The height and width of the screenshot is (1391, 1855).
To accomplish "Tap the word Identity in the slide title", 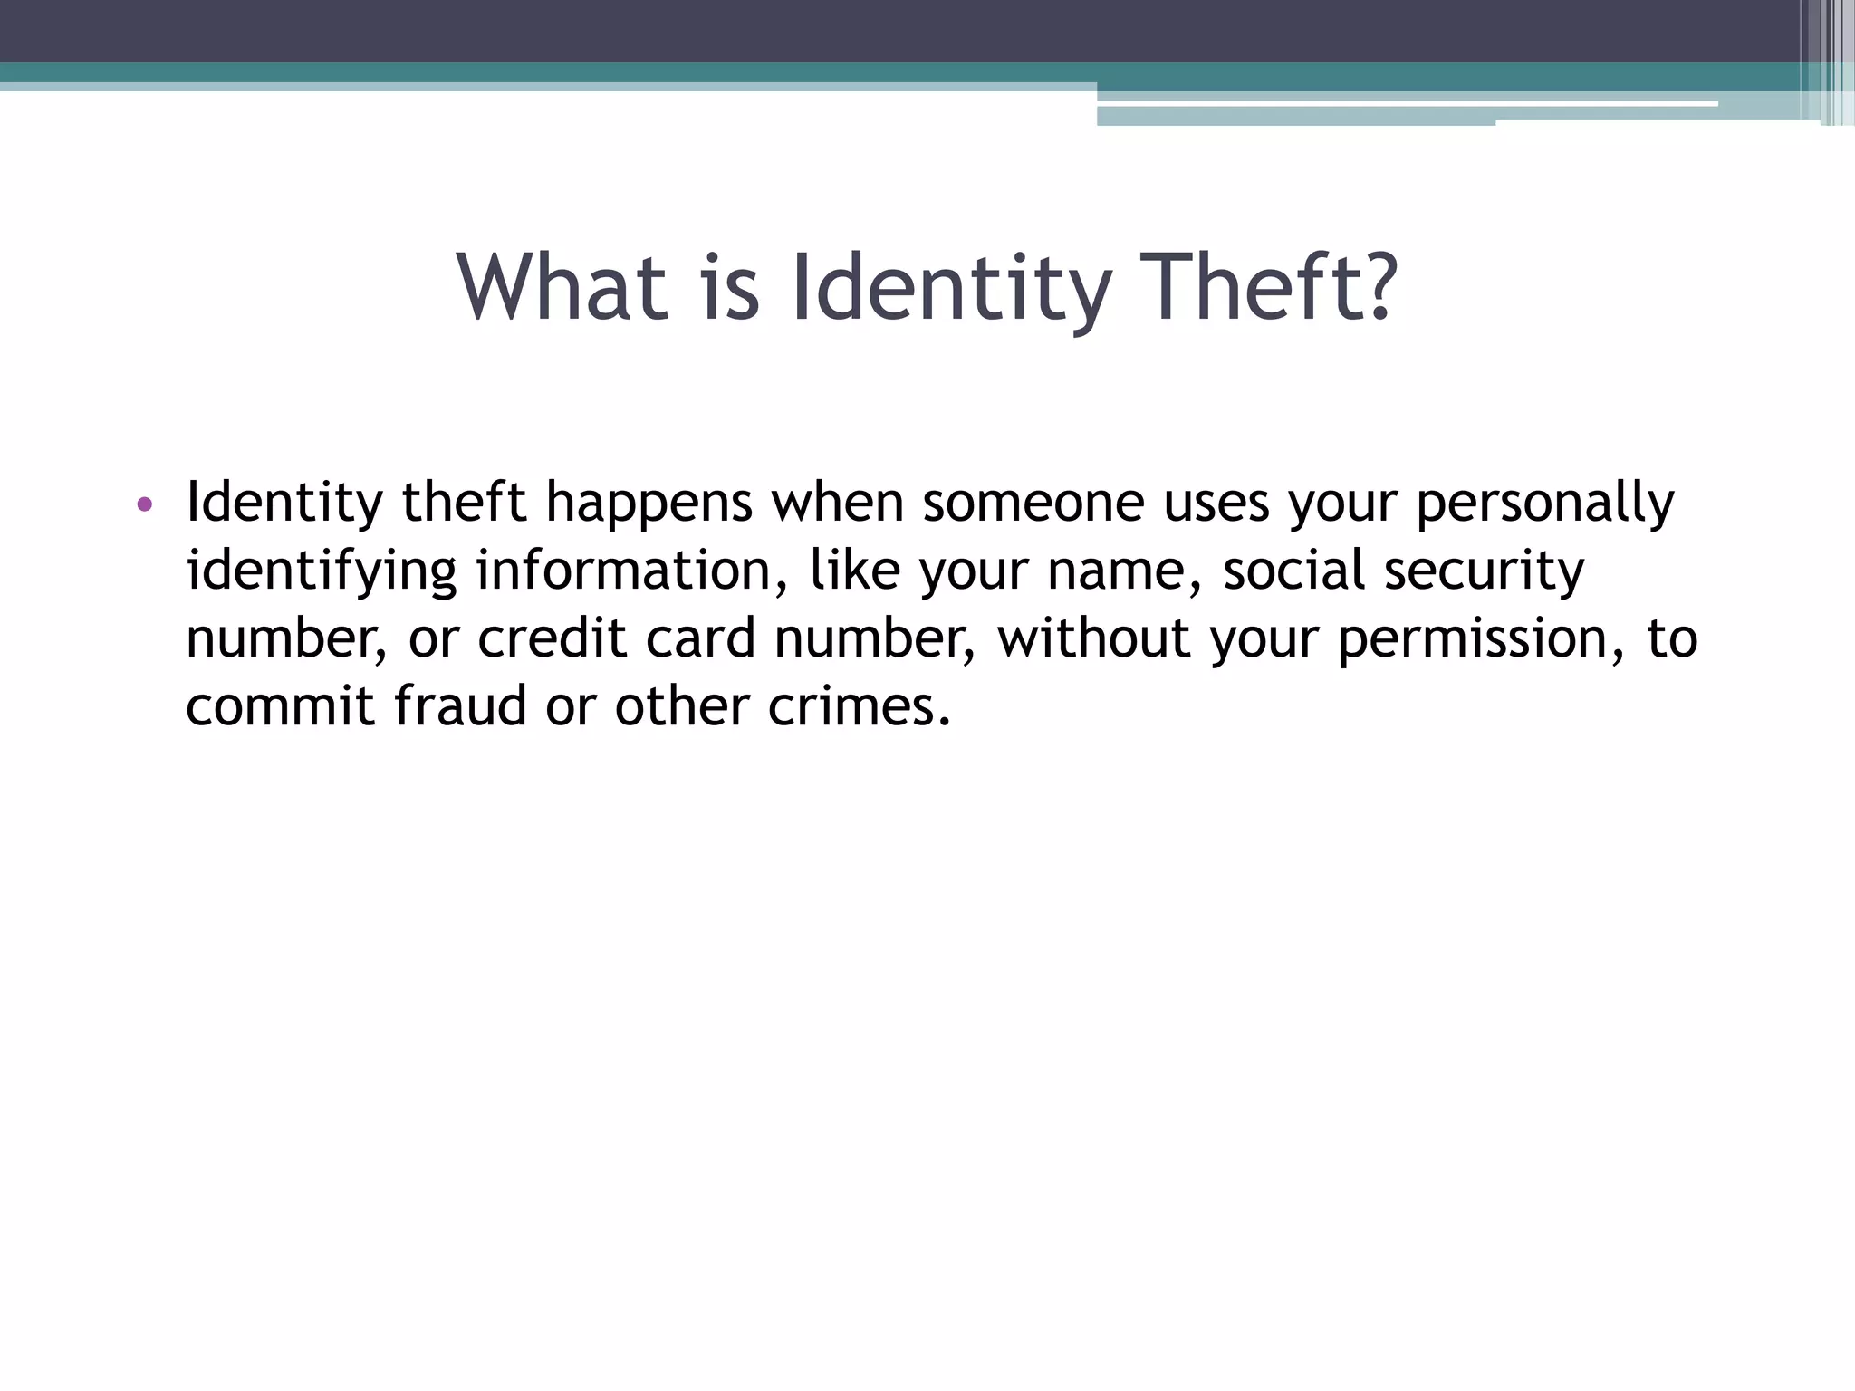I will click(x=950, y=288).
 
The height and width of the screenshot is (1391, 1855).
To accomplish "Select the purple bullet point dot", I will click(x=144, y=504).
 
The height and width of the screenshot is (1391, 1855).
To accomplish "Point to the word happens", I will click(x=649, y=504).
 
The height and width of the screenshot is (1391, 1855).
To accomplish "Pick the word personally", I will click(x=1544, y=504).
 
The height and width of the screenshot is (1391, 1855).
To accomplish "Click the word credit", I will click(x=552, y=638).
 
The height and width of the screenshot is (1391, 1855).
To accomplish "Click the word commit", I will click(x=280, y=706).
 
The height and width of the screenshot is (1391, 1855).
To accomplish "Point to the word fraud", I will click(x=460, y=706).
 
